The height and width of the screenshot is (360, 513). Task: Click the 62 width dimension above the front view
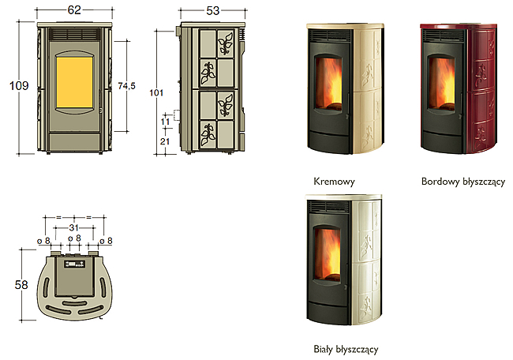tap(74, 9)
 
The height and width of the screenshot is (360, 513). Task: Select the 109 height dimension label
tap(19, 86)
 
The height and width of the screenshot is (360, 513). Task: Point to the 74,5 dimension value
tap(126, 86)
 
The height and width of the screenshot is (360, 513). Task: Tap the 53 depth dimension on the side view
tap(212, 11)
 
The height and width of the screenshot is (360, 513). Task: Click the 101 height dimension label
tap(156, 93)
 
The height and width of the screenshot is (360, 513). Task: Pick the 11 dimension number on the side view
tap(165, 122)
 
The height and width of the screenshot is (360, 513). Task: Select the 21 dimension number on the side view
tap(165, 141)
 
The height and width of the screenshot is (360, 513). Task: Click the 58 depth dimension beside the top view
tap(21, 285)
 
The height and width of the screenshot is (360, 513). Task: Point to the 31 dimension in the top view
tap(74, 227)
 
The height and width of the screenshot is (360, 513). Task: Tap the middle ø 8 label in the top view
tap(74, 238)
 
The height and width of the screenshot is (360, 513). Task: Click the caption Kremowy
tap(334, 182)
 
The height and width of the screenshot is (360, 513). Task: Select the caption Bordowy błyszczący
tap(463, 182)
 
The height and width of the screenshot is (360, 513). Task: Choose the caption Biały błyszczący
tap(346, 349)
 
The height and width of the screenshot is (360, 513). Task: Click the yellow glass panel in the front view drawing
tap(75, 82)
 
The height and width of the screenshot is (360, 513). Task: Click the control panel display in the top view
tap(75, 264)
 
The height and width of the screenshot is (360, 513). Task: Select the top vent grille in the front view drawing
tap(75, 35)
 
